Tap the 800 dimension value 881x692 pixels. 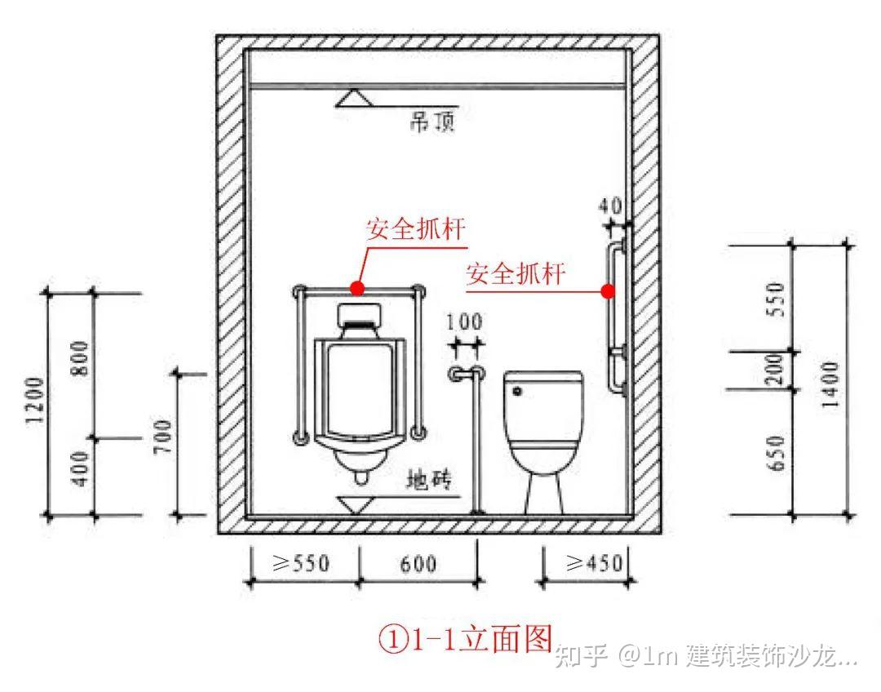coord(80,360)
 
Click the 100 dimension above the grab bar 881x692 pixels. coord(463,323)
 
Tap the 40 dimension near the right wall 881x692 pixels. coord(613,205)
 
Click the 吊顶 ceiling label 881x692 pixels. coord(432,124)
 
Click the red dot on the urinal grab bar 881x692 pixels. coord(356,287)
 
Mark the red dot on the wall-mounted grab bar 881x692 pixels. coord(607,291)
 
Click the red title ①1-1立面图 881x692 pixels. coord(465,638)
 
